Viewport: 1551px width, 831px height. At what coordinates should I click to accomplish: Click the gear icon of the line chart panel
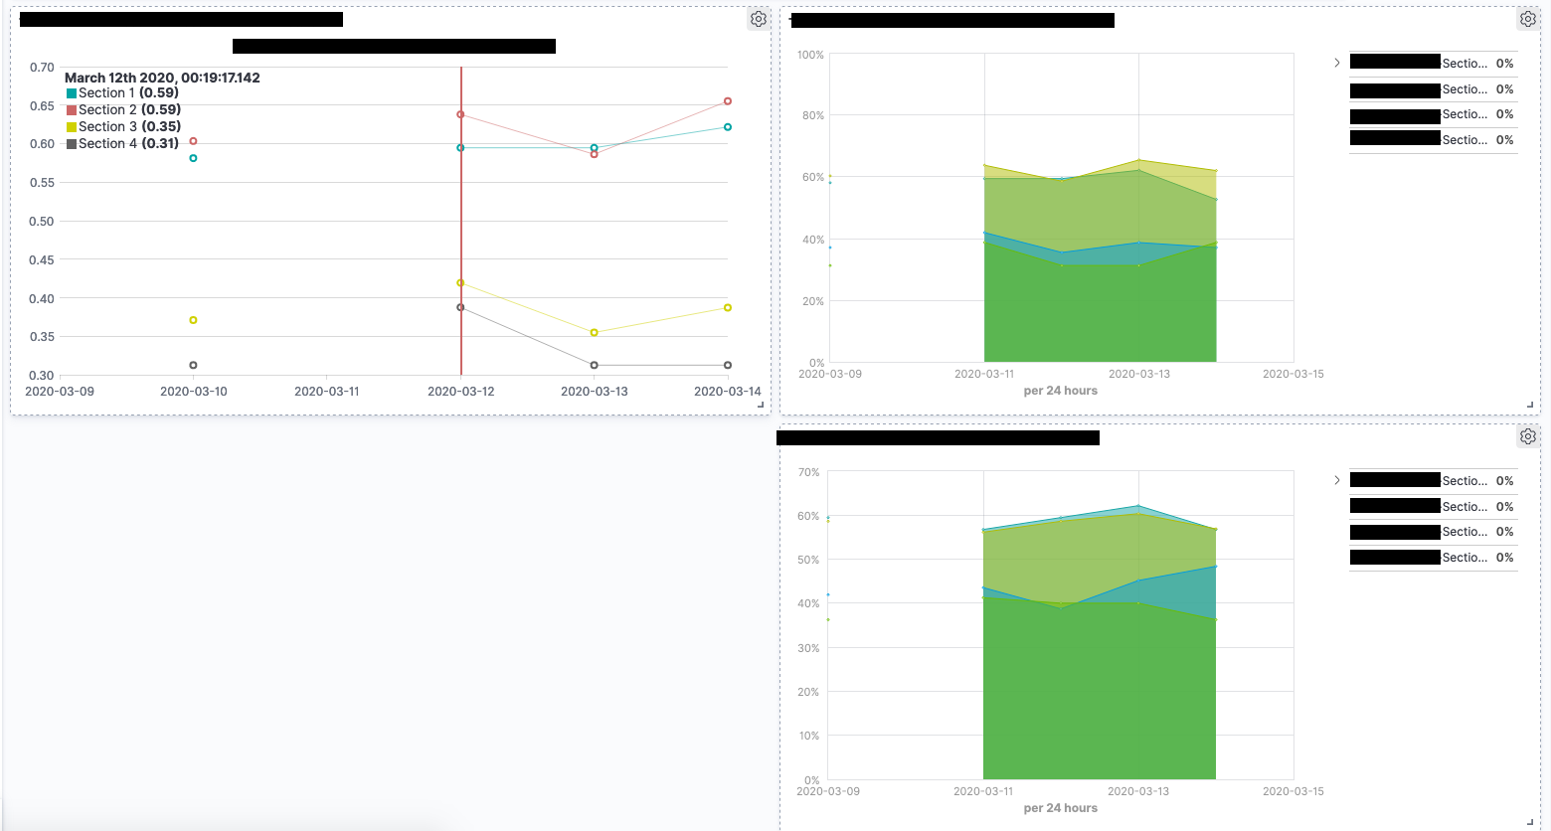tap(759, 19)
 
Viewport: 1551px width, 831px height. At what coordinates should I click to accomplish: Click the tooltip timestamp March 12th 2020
tap(162, 78)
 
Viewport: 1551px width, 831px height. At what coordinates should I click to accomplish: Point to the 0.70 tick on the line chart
tap(42, 68)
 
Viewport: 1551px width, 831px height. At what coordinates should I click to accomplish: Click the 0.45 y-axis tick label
tap(42, 260)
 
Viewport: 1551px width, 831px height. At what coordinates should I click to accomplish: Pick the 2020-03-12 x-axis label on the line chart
tap(460, 392)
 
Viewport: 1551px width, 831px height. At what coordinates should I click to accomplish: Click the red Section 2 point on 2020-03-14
tap(728, 101)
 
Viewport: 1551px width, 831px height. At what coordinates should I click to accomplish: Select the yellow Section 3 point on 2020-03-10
tap(193, 320)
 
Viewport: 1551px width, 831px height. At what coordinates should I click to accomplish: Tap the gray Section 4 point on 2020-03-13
tap(595, 366)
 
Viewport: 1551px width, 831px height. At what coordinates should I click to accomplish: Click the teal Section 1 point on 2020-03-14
tap(728, 127)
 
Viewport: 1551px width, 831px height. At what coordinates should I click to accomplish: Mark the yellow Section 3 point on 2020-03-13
tap(595, 333)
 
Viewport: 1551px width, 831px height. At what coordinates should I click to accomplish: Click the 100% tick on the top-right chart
tap(810, 55)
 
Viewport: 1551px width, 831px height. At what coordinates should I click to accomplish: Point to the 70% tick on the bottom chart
tap(808, 472)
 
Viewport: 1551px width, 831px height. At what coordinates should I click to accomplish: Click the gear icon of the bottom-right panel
tap(1528, 436)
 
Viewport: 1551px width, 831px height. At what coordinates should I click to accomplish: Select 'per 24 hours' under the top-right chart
tap(1060, 391)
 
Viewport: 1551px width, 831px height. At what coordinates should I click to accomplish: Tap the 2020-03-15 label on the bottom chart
tap(1292, 791)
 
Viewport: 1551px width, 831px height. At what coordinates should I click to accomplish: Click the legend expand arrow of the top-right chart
tap(1337, 63)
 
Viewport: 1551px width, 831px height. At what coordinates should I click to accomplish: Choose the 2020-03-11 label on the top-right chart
tap(984, 374)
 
